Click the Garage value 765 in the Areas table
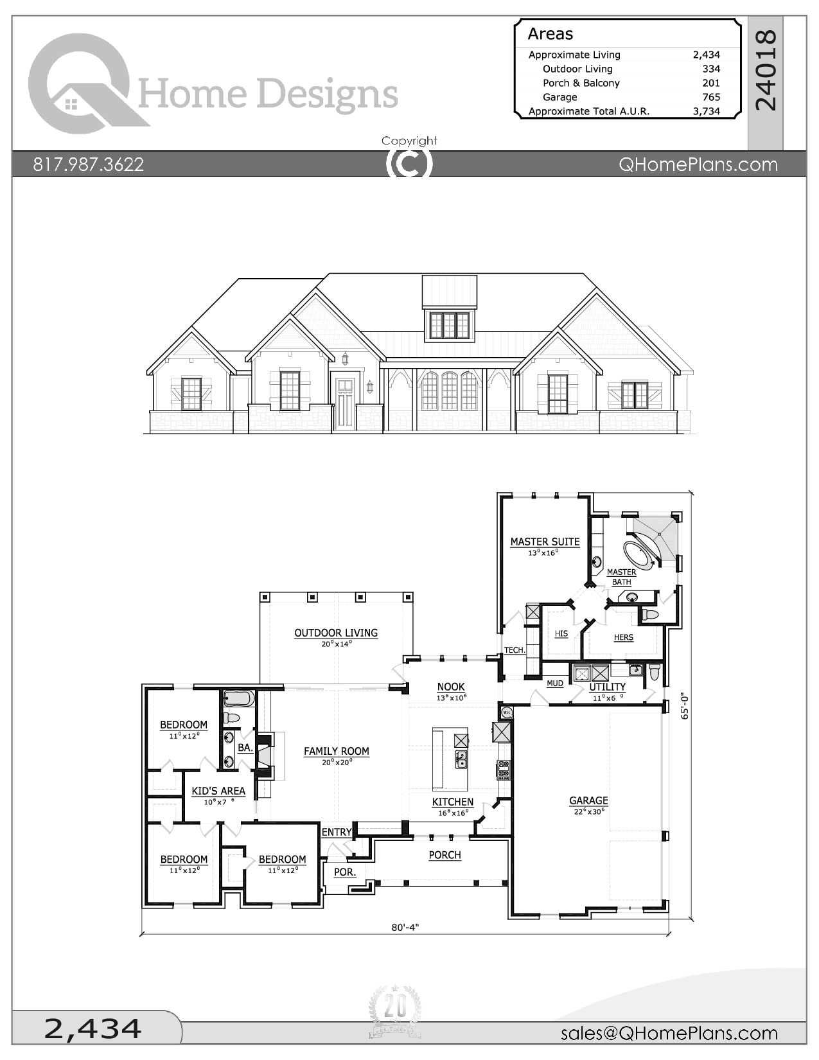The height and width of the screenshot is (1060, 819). click(x=710, y=97)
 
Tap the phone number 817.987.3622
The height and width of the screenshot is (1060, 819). click(x=89, y=164)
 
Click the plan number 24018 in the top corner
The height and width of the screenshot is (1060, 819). click(x=766, y=70)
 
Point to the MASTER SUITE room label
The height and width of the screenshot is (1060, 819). click(x=545, y=542)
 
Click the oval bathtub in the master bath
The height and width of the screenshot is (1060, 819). click(x=640, y=554)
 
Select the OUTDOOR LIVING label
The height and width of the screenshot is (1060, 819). click(x=336, y=633)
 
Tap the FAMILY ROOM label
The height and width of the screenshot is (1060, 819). click(x=336, y=751)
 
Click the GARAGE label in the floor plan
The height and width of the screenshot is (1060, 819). click(x=588, y=800)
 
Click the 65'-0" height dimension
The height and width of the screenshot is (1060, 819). click(x=685, y=705)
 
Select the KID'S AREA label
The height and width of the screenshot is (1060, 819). click(x=218, y=791)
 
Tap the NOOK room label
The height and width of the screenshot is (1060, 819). click(x=450, y=687)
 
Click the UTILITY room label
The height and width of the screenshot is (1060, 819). click(x=607, y=687)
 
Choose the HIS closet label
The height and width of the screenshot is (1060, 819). click(x=561, y=633)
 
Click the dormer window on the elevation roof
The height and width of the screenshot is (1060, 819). click(x=449, y=325)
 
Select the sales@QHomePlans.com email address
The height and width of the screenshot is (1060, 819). click(x=669, y=1033)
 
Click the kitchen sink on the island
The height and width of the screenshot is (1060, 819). click(x=461, y=759)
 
